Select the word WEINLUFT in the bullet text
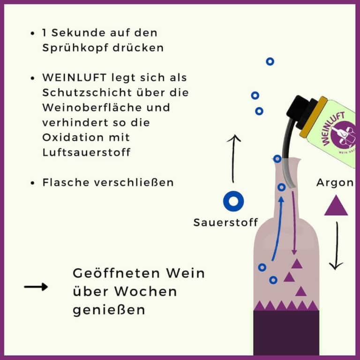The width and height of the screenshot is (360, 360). pos(75,78)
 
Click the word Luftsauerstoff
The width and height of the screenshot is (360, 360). pos(87,152)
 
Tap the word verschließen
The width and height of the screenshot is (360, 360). pos(134,183)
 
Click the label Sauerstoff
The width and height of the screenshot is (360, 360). pos(225,223)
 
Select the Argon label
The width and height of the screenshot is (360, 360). pos(335,183)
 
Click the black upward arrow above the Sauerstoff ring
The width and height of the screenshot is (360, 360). pos(233,158)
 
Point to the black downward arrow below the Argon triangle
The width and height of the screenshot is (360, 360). pos(337,246)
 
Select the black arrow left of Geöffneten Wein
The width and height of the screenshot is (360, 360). pos(36,287)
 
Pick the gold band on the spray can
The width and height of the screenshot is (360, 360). pos(314,118)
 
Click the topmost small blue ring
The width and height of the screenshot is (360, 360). pos(270,61)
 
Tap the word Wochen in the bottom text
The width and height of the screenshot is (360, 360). pos(146,292)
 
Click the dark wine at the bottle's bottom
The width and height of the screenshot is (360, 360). pos(286,333)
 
